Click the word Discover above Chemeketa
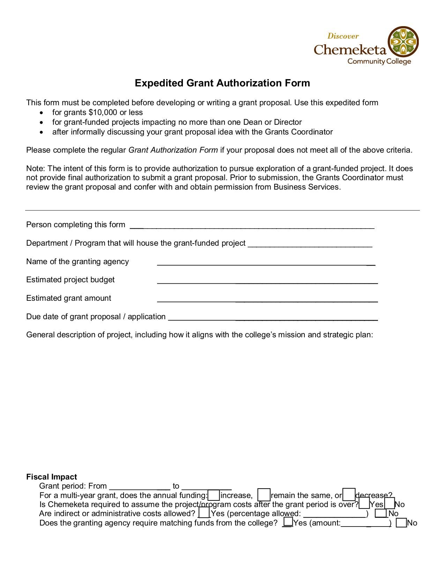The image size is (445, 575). coord(343,36)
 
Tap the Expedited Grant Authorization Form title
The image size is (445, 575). coord(222,83)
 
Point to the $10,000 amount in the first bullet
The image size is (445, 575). coord(103,113)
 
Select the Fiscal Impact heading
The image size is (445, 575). coord(51,477)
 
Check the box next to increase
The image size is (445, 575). coord(214,495)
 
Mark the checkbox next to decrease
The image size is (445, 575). coord(349,495)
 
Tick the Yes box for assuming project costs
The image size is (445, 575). coord(364,504)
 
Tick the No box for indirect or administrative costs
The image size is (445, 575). coord(381,513)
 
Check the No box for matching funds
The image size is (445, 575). coord(401,523)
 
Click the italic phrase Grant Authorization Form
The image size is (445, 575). coord(173,150)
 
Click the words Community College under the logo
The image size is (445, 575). coord(379,62)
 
